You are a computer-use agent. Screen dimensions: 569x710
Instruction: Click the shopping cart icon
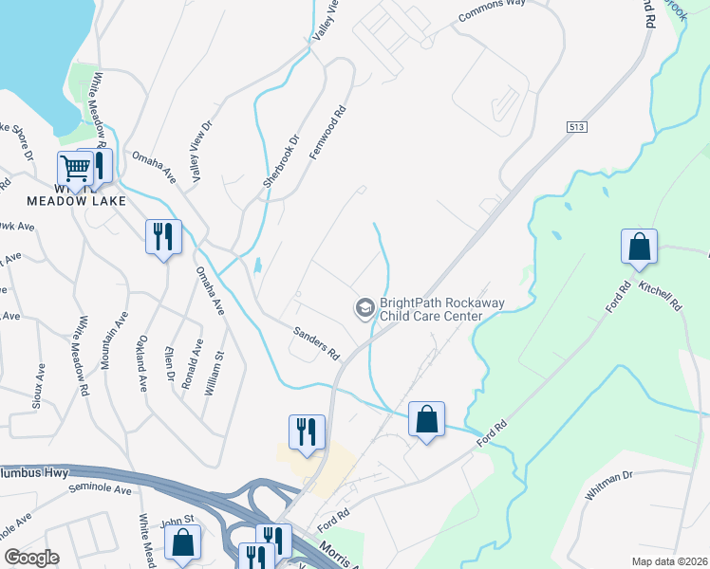[x=74, y=169]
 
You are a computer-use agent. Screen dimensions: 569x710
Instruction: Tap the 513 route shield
[x=575, y=127]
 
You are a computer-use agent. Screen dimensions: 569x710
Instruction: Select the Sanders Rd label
[x=316, y=342]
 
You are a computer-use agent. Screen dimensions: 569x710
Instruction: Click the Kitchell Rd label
[x=660, y=296]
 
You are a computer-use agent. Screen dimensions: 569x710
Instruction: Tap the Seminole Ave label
[x=100, y=489]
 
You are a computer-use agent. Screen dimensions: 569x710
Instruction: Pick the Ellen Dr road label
[x=172, y=364]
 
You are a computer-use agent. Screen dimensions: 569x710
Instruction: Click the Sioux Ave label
[x=39, y=385]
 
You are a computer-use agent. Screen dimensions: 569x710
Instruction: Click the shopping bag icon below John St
[x=182, y=543]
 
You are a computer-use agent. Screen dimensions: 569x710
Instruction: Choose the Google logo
[x=31, y=558]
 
